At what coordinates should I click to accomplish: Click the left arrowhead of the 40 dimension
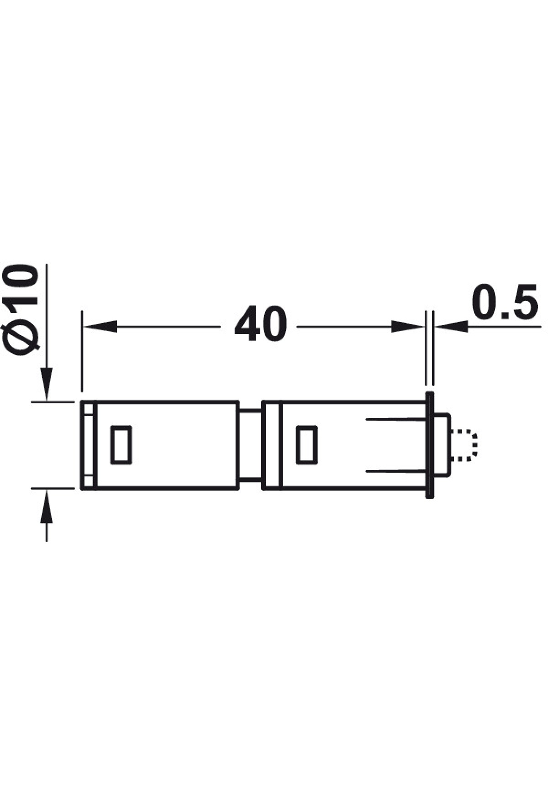pos(100,326)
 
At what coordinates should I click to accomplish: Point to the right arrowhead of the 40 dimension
pos(407,326)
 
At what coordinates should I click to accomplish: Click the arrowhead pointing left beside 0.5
pos(451,326)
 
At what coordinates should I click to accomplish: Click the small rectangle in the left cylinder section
pos(121,445)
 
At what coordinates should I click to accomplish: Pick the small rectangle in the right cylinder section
pos(306,444)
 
